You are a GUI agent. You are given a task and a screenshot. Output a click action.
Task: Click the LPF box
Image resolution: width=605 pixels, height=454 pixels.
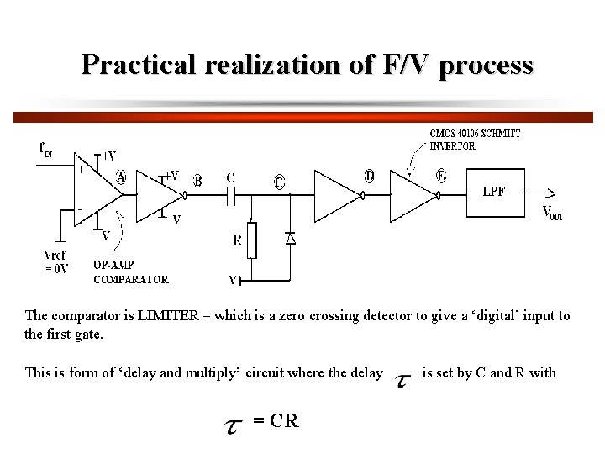[x=495, y=192]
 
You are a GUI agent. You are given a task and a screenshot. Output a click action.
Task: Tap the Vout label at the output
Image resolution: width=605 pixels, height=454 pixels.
[x=552, y=213]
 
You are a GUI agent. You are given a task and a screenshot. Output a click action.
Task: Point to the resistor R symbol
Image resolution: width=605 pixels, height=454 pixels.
[x=251, y=240]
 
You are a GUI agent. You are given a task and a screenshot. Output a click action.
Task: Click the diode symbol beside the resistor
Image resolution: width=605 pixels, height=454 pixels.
[x=290, y=238]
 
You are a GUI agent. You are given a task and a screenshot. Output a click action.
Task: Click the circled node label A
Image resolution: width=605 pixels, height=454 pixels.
[x=120, y=177]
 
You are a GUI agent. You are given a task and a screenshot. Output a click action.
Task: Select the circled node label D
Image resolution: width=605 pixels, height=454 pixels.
[x=370, y=176]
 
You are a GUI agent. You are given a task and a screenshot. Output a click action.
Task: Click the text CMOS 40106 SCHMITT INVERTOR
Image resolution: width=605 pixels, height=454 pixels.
[x=475, y=140]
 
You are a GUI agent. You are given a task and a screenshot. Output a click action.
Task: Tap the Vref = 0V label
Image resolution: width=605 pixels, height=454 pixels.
[x=55, y=261]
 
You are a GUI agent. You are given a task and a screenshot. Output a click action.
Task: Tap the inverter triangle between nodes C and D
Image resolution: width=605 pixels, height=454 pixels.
[x=336, y=195]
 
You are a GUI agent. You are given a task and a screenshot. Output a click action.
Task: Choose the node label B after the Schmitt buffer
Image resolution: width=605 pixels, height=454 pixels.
[x=198, y=180]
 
